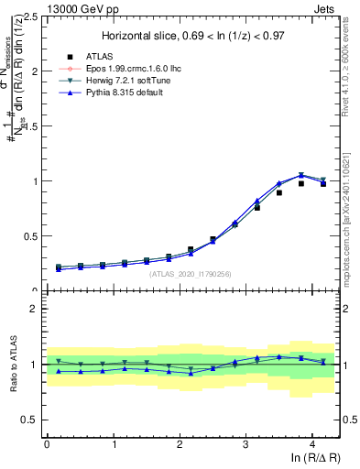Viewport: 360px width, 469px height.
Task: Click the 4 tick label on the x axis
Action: pos(312,444)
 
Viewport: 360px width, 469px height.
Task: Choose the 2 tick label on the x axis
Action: pos(180,444)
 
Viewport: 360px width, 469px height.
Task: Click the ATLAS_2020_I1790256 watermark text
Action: pos(191,274)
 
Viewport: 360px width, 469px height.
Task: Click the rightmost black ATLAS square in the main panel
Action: pos(322,184)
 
